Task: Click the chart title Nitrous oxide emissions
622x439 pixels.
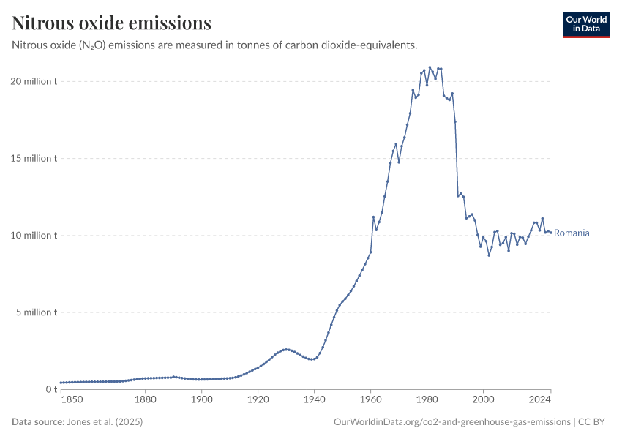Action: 112,23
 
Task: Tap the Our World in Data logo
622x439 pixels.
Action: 586,24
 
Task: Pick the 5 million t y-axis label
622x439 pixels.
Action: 37,312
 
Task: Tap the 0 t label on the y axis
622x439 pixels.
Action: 50,389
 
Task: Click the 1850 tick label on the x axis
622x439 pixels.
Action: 72,399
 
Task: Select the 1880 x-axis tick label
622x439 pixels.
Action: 146,399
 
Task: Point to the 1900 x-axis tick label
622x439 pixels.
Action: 202,399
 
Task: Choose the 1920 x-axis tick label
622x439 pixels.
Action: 258,399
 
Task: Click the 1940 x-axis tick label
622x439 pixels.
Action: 315,399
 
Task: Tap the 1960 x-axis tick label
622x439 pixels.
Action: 371,399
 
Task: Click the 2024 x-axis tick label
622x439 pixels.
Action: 540,399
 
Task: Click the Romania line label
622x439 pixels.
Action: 572,233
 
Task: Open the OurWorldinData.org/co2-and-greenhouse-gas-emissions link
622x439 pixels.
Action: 451,422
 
